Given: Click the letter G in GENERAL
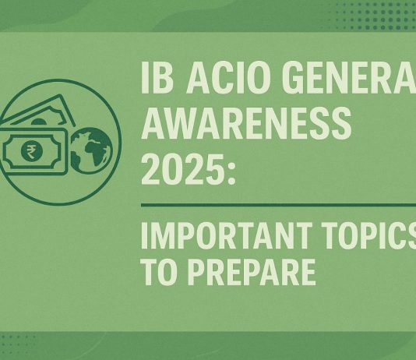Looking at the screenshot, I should pyautogui.click(x=312, y=80).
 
